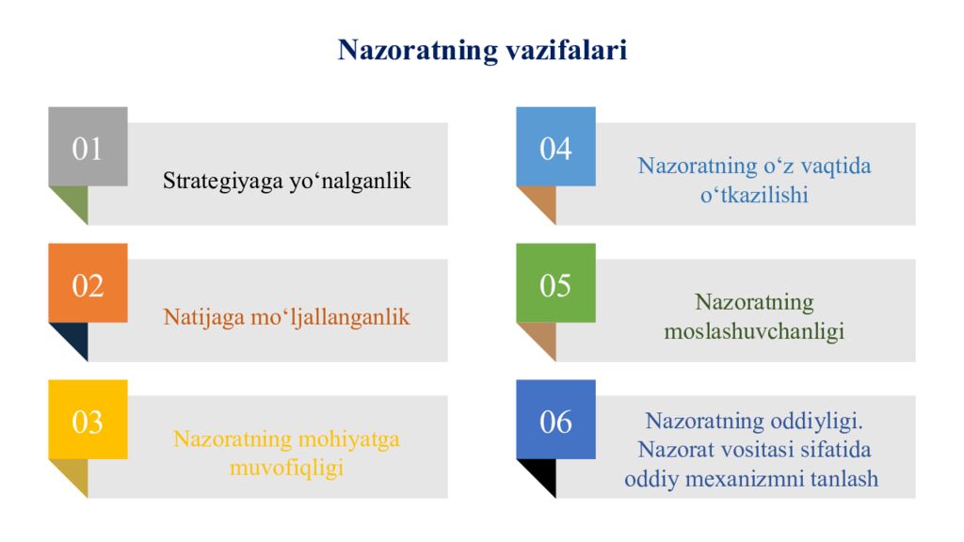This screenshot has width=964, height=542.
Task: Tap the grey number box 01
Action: pos(88,147)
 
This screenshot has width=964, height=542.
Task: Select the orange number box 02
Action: pos(88,283)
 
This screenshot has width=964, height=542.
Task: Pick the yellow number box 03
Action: pos(88,420)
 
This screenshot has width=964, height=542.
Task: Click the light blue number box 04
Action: pos(555,147)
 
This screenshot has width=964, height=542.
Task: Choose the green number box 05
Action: pos(555,283)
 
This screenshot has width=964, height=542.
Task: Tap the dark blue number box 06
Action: pos(555,420)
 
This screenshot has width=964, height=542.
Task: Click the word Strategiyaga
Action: pos(220,181)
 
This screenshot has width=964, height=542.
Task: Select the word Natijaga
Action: pos(202,317)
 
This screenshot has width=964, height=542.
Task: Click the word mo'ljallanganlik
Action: pos(329,317)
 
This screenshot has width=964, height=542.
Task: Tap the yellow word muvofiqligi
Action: pos(286,467)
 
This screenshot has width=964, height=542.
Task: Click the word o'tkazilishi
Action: pos(754,196)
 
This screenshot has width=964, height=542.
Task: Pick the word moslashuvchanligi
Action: pos(754,332)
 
